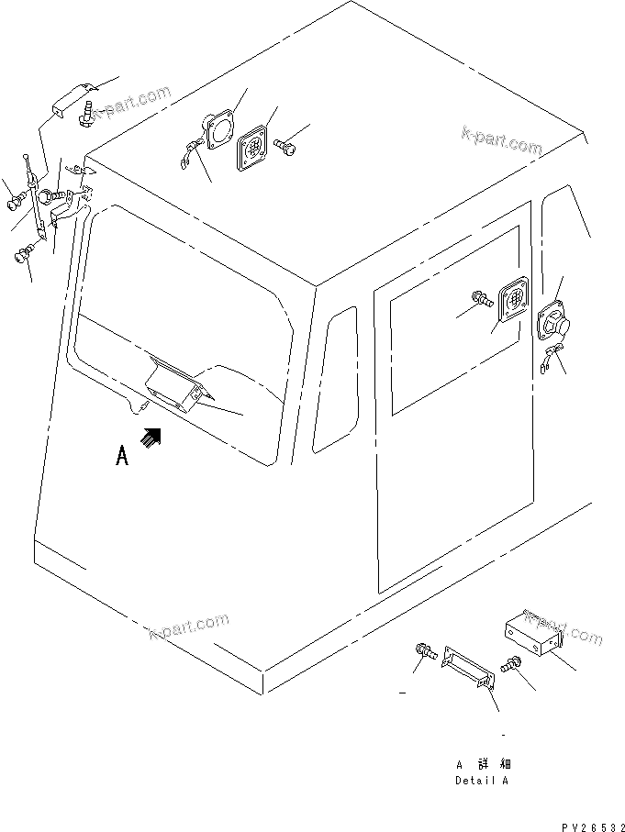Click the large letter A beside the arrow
122,457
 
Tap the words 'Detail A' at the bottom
482,781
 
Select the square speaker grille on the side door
512,301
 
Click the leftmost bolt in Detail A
426,652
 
